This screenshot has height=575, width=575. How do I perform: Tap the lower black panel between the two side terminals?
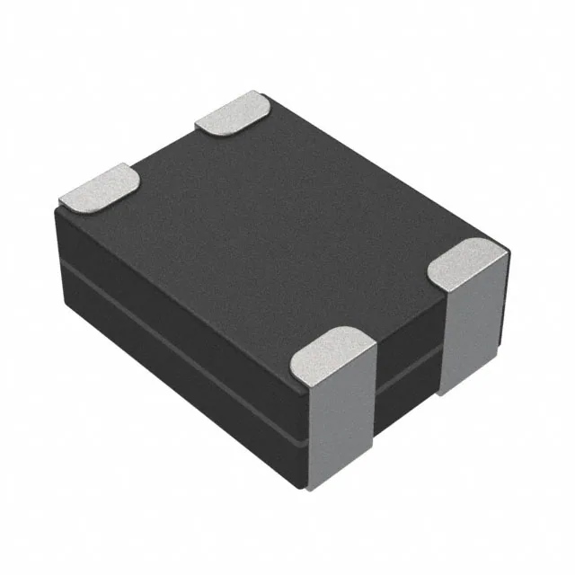pos(404,395)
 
